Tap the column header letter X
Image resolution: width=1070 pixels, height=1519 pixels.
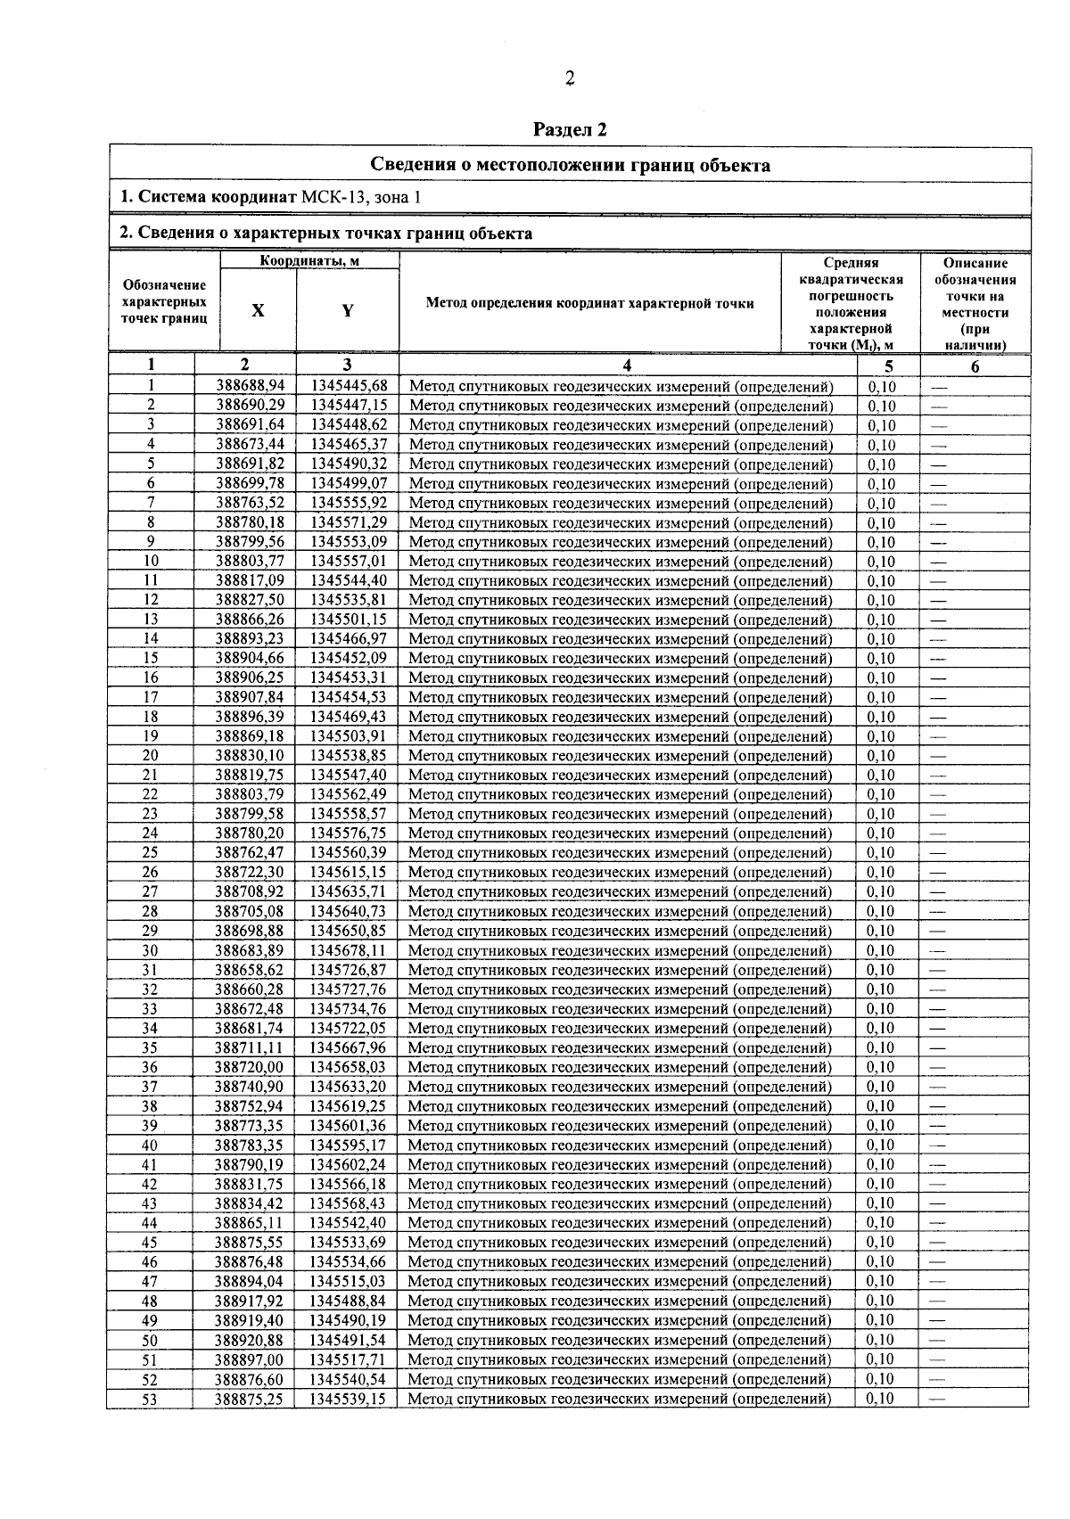(x=258, y=310)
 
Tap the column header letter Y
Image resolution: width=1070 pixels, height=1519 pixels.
(x=348, y=310)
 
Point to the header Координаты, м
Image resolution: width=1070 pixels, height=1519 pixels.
(x=303, y=261)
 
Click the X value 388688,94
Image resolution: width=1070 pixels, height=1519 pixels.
(x=251, y=387)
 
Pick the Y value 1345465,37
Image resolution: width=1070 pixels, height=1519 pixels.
(x=349, y=445)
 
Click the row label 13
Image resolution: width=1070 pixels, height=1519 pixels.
(x=151, y=620)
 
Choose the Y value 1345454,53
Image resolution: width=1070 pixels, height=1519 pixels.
(x=349, y=697)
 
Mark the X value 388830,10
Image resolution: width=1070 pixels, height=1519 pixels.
(x=251, y=756)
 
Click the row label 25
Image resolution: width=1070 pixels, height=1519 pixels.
(x=151, y=853)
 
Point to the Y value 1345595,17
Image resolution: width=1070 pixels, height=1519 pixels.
(x=348, y=1145)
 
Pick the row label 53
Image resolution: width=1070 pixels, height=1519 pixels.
(x=150, y=1399)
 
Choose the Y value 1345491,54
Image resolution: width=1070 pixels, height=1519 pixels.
(x=348, y=1340)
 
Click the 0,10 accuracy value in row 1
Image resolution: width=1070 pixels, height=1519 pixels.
(x=882, y=387)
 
